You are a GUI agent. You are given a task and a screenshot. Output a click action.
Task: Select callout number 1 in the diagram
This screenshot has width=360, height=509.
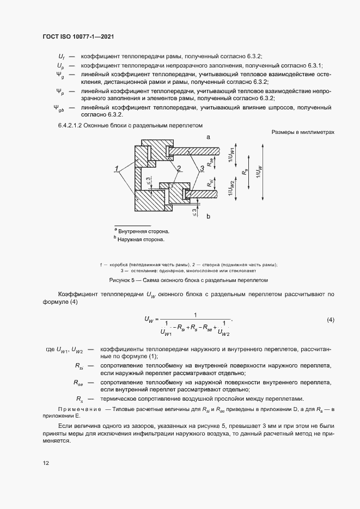(x=117, y=167)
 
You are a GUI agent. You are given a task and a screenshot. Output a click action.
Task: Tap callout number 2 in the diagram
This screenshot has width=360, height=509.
(x=178, y=167)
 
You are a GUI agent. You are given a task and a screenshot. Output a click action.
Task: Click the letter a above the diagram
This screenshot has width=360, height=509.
(x=208, y=138)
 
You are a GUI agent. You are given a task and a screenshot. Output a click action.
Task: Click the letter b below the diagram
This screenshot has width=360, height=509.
(x=208, y=217)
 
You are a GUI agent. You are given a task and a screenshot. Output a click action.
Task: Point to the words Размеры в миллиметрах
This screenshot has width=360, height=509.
(x=302, y=132)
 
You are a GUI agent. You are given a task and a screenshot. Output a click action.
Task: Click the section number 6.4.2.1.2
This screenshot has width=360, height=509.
(x=74, y=125)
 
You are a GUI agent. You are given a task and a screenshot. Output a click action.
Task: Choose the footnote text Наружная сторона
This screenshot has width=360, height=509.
(x=141, y=239)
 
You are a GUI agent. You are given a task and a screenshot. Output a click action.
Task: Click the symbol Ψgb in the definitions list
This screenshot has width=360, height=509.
(x=59, y=109)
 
